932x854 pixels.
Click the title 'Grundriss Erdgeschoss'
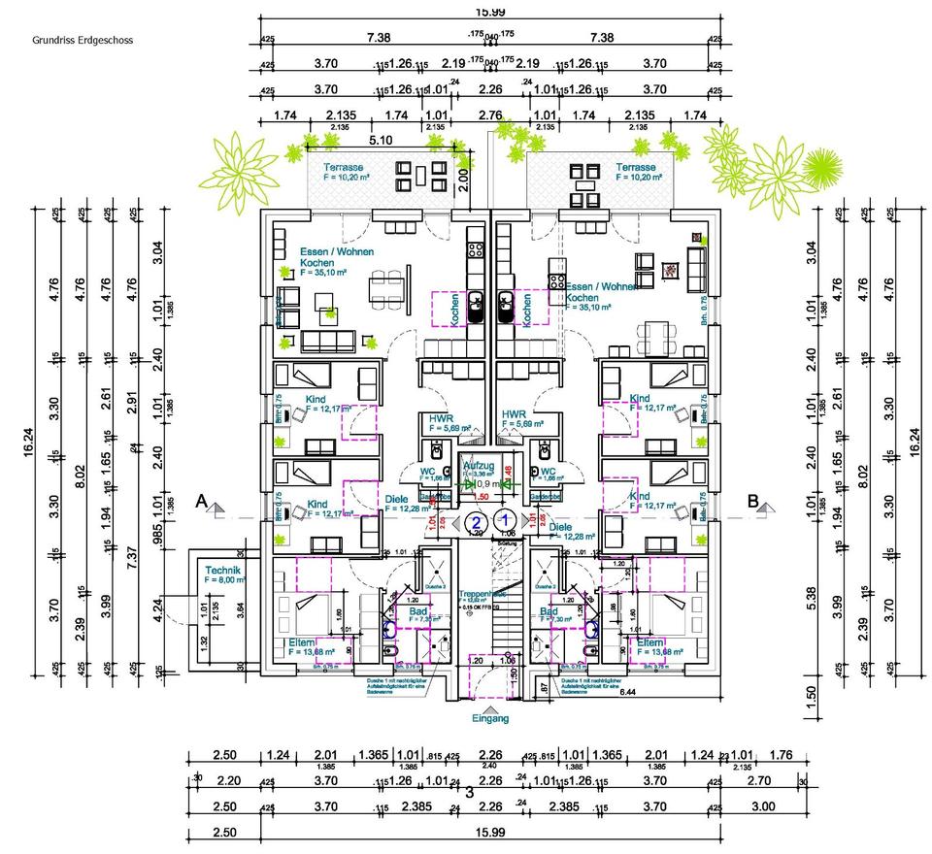pos(82,41)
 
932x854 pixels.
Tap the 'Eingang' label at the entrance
pos(491,719)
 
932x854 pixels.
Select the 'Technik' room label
pos(221,570)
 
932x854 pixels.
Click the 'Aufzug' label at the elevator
pos(480,466)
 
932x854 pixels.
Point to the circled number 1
pos(505,519)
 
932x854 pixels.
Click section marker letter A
pos(201,502)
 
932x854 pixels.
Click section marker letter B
pos(752,502)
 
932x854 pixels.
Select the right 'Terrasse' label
pos(637,167)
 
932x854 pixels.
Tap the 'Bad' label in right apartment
pos(548,612)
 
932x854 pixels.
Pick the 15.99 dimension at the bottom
pos(491,833)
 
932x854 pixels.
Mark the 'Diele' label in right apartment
pos(560,527)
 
